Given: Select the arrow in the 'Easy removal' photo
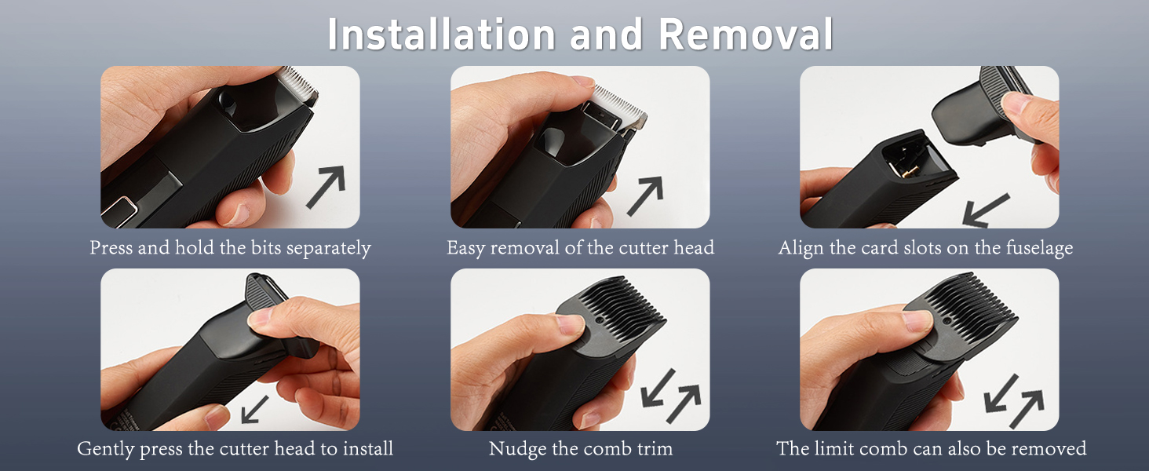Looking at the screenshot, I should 644,196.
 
